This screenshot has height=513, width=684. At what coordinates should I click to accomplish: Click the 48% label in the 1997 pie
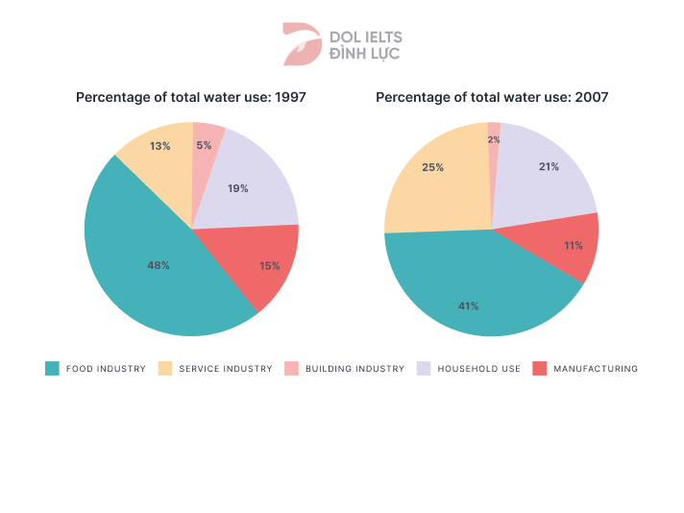[x=159, y=265]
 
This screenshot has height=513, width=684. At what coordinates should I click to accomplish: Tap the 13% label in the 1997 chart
[x=159, y=146]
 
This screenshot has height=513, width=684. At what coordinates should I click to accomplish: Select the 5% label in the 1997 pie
[x=204, y=145]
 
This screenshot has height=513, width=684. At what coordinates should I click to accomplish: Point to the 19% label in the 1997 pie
[x=238, y=188]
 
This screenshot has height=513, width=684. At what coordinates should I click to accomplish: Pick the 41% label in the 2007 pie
[x=468, y=305]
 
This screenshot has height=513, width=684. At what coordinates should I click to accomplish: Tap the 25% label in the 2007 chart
[x=432, y=167]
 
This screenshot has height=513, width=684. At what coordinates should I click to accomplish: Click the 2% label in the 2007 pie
[x=494, y=139]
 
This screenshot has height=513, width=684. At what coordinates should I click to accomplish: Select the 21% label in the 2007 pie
[x=549, y=166]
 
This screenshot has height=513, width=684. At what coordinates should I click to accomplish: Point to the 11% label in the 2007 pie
[x=574, y=245]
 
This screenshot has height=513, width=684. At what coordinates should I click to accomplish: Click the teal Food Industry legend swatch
[x=52, y=368]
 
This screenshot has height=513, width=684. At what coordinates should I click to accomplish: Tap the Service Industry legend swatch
[x=164, y=368]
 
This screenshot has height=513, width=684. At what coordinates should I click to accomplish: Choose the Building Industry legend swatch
[x=291, y=368]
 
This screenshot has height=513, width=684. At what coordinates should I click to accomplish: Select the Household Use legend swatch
[x=423, y=368]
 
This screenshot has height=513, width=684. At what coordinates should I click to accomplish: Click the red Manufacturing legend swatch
[x=539, y=368]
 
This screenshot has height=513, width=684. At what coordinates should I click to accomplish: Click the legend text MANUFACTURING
[x=596, y=369]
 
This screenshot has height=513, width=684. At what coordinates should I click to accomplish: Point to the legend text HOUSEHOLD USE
[x=478, y=369]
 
